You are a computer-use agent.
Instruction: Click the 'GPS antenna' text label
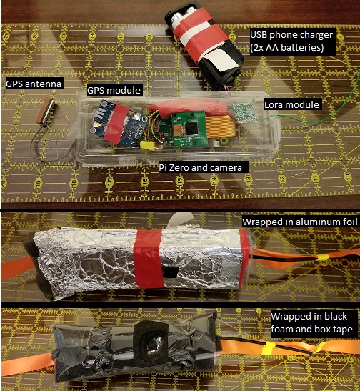[34, 84]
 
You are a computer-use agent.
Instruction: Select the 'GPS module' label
[114, 90]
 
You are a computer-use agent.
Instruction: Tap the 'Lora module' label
[291, 104]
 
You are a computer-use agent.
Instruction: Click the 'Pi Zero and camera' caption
[200, 167]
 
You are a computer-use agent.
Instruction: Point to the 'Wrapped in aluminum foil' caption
[300, 222]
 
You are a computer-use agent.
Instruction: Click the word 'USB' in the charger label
[259, 35]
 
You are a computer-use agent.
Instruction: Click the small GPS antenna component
[47, 112]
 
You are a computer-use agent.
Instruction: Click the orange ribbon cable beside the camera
[221, 128]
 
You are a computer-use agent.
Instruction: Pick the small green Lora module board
[244, 113]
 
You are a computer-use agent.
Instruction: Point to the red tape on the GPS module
[116, 124]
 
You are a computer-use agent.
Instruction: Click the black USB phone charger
[204, 46]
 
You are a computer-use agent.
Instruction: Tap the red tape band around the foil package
[149, 259]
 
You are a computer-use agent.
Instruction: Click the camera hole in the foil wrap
[170, 272]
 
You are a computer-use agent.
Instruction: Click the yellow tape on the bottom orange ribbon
[268, 348]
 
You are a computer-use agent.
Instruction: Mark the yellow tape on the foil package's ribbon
[322, 257]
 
